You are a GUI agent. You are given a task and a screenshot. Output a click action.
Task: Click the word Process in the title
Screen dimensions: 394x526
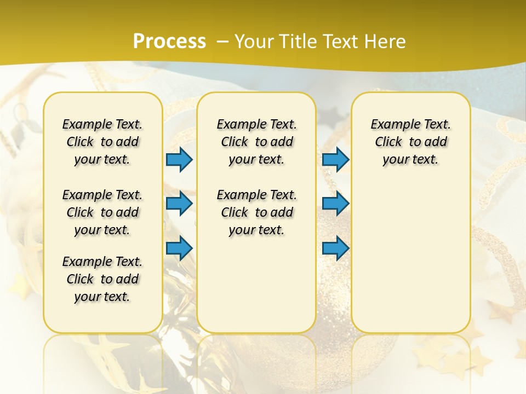click(169, 41)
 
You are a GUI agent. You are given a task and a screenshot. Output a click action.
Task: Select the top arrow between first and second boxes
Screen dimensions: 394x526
click(179, 160)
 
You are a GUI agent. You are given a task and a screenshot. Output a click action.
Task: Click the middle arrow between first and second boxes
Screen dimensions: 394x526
click(179, 204)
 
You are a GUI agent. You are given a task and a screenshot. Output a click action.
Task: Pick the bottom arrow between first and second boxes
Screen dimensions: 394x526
click(179, 247)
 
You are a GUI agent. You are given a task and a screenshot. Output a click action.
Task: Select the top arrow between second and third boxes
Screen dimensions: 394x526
click(335, 160)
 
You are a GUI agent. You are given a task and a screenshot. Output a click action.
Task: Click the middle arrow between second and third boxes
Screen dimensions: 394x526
click(335, 204)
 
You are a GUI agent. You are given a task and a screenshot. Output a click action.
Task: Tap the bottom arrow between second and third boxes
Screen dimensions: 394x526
click(335, 247)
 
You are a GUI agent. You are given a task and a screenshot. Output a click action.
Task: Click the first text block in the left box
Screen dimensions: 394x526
click(102, 142)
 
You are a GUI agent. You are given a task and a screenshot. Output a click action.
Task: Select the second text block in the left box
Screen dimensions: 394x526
click(102, 212)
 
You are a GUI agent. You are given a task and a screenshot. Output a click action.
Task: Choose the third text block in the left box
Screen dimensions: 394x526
click(102, 279)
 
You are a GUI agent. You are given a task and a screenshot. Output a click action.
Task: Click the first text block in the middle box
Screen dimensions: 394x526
click(256, 142)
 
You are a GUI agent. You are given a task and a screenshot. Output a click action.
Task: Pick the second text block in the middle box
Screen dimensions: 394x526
click(256, 212)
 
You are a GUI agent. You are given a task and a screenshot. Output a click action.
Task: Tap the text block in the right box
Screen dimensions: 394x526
click(410, 142)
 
